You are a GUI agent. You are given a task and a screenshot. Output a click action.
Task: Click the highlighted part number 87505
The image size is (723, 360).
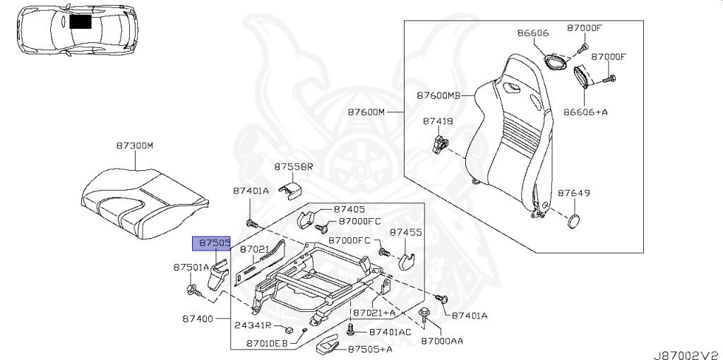point(212,243)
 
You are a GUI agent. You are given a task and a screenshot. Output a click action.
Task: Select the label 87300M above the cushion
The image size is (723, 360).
point(134,145)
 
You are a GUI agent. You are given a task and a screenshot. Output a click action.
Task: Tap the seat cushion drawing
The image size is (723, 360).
point(145,200)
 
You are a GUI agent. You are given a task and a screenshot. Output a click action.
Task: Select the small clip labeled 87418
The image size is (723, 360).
point(439,143)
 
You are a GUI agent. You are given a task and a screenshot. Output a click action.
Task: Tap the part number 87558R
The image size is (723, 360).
point(293,167)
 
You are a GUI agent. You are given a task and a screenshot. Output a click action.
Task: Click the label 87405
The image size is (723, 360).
point(349,209)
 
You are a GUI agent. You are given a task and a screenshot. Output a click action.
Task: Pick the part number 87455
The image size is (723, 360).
point(405,232)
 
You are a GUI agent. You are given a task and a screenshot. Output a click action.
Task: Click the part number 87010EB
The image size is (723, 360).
point(267,344)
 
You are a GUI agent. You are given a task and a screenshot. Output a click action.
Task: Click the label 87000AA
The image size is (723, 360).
point(442,340)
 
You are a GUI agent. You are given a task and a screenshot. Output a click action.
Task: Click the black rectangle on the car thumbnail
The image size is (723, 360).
point(80,22)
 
